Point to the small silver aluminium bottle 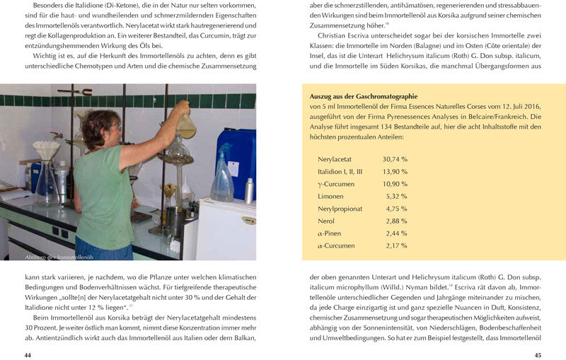click(249, 190)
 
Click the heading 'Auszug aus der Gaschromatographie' click(363, 96)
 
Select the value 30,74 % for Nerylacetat click(395, 160)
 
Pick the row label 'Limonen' click(332, 196)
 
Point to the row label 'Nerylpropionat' click(340, 209)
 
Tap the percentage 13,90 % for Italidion click(395, 172)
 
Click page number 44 click(28, 354)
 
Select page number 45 click(538, 354)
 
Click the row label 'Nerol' click(328, 221)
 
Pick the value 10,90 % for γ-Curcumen click(395, 184)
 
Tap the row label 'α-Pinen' click(330, 233)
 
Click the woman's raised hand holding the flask click(183, 108)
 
